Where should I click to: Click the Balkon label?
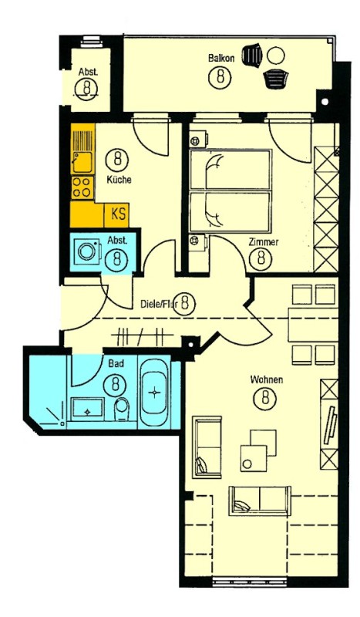click(x=221, y=59)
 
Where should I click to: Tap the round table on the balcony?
click(x=275, y=55)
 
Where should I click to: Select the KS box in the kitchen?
click(x=117, y=215)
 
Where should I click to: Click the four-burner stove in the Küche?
click(x=82, y=187)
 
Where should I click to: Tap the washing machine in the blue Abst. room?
click(x=86, y=251)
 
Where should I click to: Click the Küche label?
click(x=119, y=180)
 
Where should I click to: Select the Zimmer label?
click(x=264, y=241)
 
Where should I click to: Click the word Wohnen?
click(x=267, y=379)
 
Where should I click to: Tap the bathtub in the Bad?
click(x=155, y=392)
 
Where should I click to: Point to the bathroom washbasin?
click(x=87, y=408)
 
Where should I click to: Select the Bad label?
click(x=116, y=363)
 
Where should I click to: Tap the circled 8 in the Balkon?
click(x=220, y=76)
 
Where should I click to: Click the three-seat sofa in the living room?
click(x=260, y=501)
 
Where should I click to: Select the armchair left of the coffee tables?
click(x=207, y=447)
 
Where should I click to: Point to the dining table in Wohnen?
click(x=313, y=325)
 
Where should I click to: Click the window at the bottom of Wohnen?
click(x=250, y=582)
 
